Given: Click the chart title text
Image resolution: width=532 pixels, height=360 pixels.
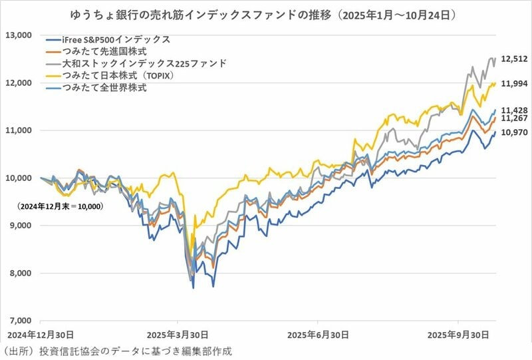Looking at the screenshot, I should point(266,13).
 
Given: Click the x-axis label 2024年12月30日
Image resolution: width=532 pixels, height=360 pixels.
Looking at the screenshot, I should point(41,334).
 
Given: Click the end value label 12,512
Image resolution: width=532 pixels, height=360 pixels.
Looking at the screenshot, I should point(515,59).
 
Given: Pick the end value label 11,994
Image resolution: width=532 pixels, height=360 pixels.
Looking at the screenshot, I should point(515,83).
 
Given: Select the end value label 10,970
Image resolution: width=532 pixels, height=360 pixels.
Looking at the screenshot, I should point(515,132).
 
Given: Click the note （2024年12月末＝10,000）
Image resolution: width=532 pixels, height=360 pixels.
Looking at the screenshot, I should point(62,207).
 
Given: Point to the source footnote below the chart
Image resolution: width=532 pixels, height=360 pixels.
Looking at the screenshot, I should point(120,351).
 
